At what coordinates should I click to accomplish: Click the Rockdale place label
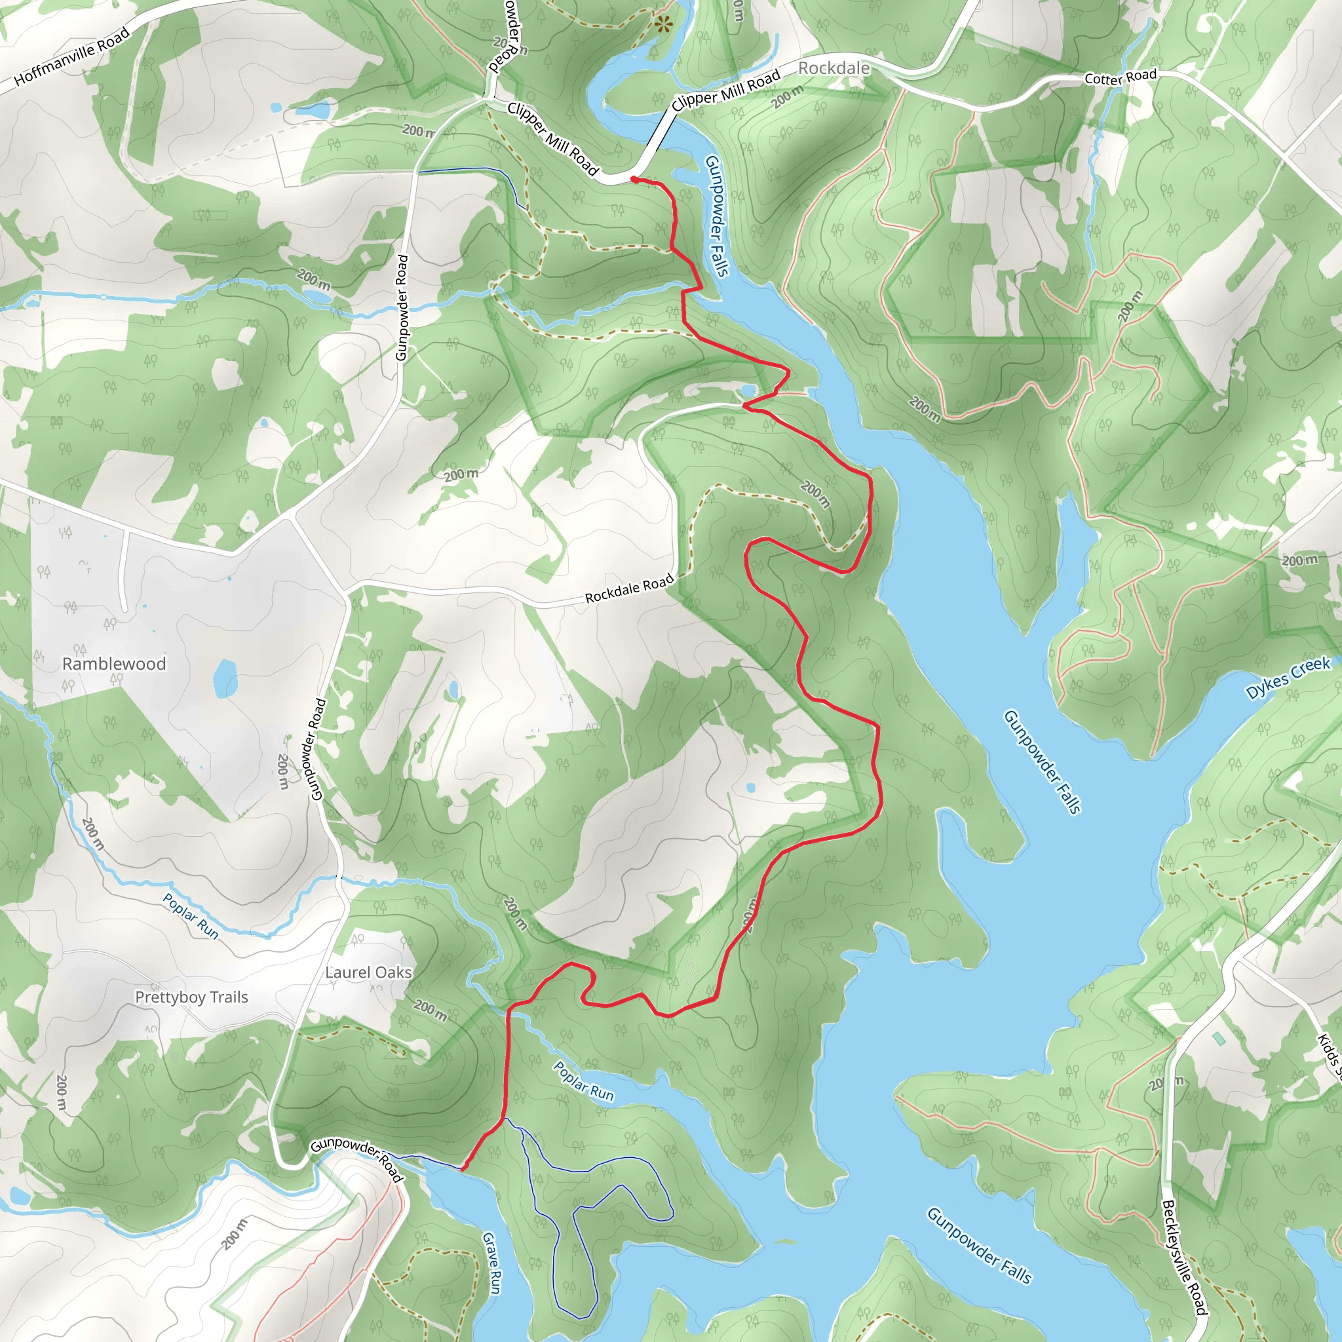coord(834,68)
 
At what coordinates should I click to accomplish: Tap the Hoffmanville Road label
coord(71,56)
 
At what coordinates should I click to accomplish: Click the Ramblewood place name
coord(114,663)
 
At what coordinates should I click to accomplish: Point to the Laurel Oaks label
coord(368,972)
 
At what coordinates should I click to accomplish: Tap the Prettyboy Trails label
coord(191,997)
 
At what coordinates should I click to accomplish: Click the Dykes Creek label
coord(1288,678)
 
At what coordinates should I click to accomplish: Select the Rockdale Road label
coord(628,588)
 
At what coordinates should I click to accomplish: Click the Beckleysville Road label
coord(1184,1257)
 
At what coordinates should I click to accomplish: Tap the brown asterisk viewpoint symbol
coord(663,26)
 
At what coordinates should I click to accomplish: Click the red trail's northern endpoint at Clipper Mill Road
coord(634,179)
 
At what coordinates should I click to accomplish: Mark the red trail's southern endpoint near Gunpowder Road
coord(463,1168)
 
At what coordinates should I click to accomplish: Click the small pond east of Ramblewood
coord(224,678)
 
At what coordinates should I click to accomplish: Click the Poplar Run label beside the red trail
coord(583,1081)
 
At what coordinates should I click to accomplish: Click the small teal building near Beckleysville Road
coord(1219,1039)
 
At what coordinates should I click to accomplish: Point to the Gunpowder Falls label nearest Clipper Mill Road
coord(717,216)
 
